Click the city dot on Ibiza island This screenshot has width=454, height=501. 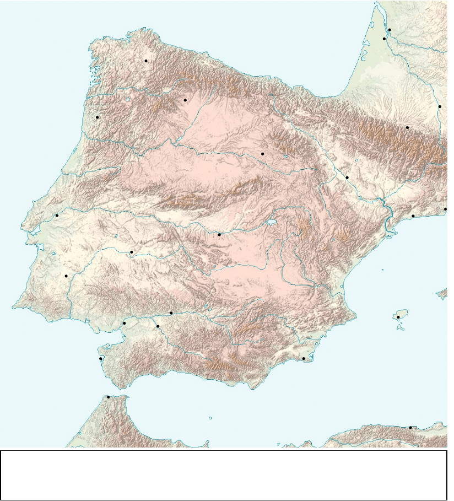tap(398, 317)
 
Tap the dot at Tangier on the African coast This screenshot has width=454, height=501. tap(108, 397)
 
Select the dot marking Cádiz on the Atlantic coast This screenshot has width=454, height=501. tap(101, 359)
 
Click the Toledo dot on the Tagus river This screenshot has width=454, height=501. tap(219, 234)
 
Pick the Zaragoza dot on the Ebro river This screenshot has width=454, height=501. tap(347, 177)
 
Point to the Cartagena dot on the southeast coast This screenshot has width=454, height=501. tap(304, 359)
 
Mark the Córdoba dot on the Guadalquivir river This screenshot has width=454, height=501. tap(171, 313)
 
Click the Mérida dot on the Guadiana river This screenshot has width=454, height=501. tap(131, 252)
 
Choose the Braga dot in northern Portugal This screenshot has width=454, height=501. tap(97, 117)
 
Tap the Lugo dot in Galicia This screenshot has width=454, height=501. tap(146, 61)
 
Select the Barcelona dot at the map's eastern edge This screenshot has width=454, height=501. tap(445, 209)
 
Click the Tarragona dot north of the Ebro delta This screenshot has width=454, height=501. tap(413, 216)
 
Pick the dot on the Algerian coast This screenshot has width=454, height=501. tap(410, 427)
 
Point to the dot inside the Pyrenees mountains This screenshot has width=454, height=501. tap(407, 127)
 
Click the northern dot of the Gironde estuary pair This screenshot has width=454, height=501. tap(390, 29)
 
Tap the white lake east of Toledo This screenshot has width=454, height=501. tap(271, 223)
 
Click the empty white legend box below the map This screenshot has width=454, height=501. tap(223, 475)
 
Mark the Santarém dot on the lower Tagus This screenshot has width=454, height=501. tap(57, 216)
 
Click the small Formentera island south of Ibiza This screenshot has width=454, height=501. tap(401, 330)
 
